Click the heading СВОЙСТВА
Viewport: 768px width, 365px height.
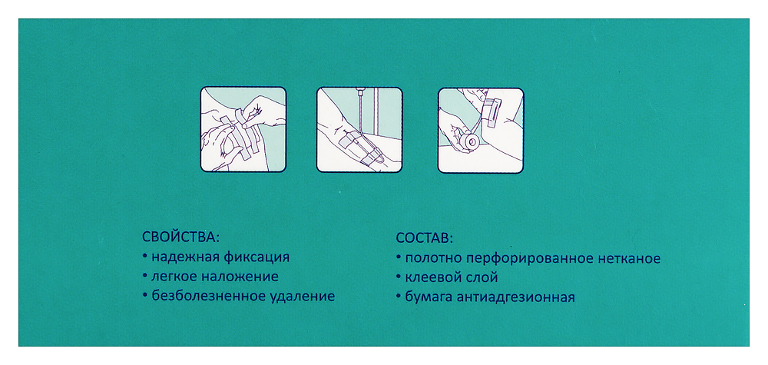180,237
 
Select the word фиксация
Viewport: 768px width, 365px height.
256,257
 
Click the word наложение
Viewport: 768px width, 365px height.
240,277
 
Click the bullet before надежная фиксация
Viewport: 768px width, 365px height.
145,256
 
